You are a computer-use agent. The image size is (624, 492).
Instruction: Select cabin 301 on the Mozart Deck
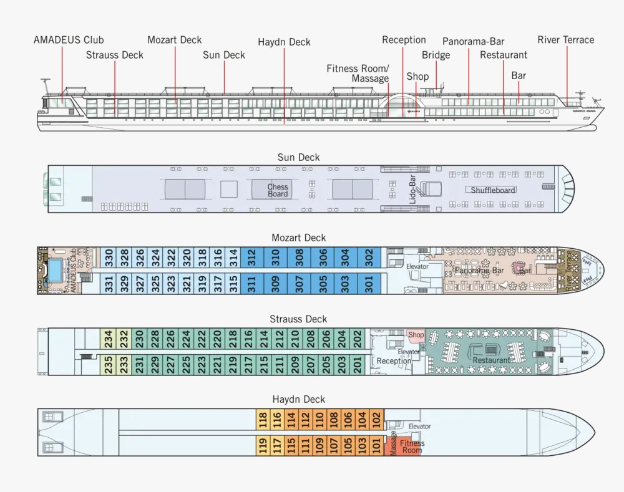[x=369, y=284]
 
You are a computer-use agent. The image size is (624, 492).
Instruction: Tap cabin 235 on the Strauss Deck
[x=109, y=364]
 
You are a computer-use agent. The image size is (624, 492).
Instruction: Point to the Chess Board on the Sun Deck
[x=278, y=190]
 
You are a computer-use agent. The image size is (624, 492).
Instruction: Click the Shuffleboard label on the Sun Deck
[x=493, y=190]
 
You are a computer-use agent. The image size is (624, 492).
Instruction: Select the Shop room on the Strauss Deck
[x=416, y=335]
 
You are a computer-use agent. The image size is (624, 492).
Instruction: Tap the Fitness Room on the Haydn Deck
[x=412, y=446]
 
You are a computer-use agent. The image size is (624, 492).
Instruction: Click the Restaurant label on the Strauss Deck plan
[x=491, y=360]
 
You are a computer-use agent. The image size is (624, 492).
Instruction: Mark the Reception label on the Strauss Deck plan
[x=394, y=361]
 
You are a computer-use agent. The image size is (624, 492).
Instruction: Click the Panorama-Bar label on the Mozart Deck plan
[x=479, y=271]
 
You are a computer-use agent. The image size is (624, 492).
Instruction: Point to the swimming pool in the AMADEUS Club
[x=55, y=270]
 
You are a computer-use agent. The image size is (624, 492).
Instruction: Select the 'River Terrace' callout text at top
[x=566, y=40]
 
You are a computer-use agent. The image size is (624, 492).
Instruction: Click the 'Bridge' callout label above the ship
[x=436, y=55]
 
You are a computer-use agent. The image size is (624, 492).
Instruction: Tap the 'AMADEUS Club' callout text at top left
[x=69, y=40]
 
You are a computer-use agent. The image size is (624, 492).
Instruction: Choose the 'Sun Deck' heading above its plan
[x=299, y=157]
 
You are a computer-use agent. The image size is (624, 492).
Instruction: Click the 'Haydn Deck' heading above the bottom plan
[x=299, y=399]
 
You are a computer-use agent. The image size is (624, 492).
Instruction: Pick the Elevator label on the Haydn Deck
[x=419, y=427]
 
